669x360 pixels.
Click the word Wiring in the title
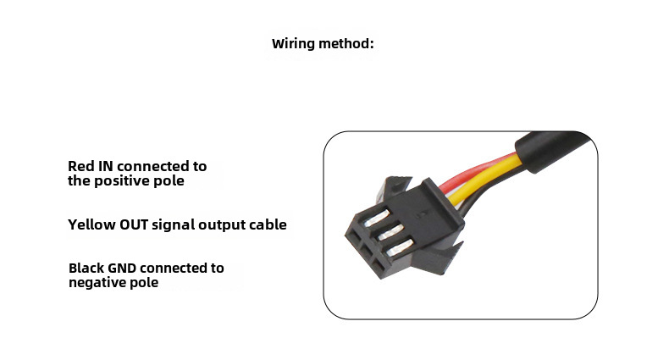click(x=293, y=44)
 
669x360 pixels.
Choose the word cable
click(x=268, y=224)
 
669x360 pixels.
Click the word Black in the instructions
click(x=87, y=268)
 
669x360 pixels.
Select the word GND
click(x=122, y=268)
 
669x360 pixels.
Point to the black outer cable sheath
click(x=555, y=149)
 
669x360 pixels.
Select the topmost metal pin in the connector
click(x=377, y=217)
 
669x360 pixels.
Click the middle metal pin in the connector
click(x=389, y=231)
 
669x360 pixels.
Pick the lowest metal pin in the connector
click(x=401, y=247)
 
